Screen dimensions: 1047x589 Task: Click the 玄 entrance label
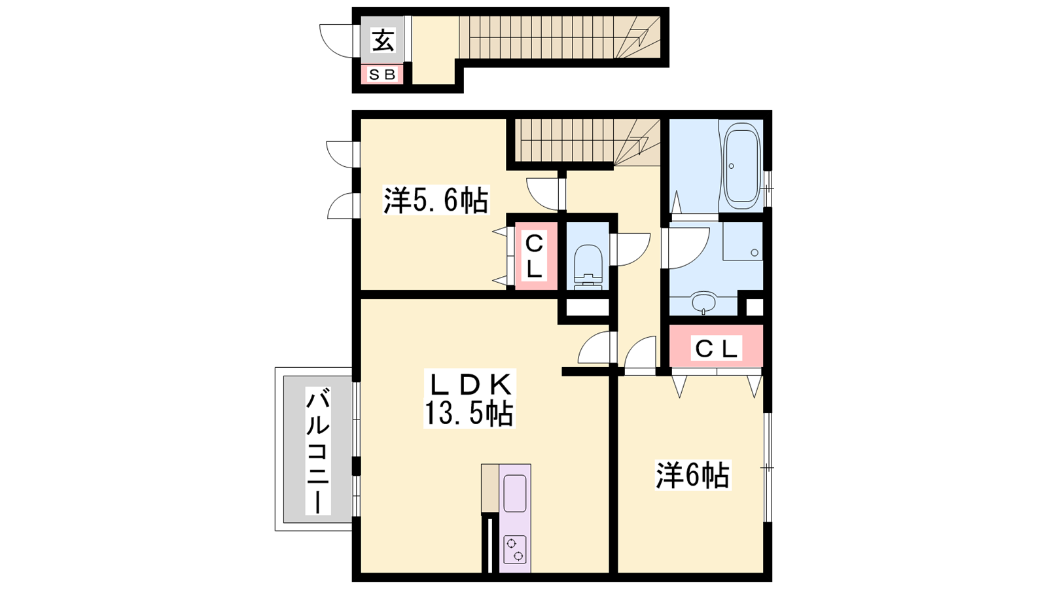pos(383,40)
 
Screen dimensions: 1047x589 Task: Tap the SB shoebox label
pos(382,75)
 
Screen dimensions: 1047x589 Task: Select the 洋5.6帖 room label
pos(436,200)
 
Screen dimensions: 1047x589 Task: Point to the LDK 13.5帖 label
pos(469,399)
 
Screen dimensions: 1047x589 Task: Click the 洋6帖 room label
pos(693,475)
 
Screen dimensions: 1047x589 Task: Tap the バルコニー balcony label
pos(318,450)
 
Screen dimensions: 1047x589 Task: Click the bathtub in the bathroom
pos(741,166)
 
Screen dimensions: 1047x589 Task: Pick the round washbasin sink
pos(703,303)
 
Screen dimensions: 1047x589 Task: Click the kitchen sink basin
pos(514,493)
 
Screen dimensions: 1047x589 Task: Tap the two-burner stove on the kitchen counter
pos(514,549)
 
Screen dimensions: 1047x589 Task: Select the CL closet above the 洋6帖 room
pos(716,346)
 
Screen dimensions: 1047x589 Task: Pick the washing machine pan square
pos(743,241)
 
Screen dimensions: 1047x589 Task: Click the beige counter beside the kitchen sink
pos(490,489)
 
